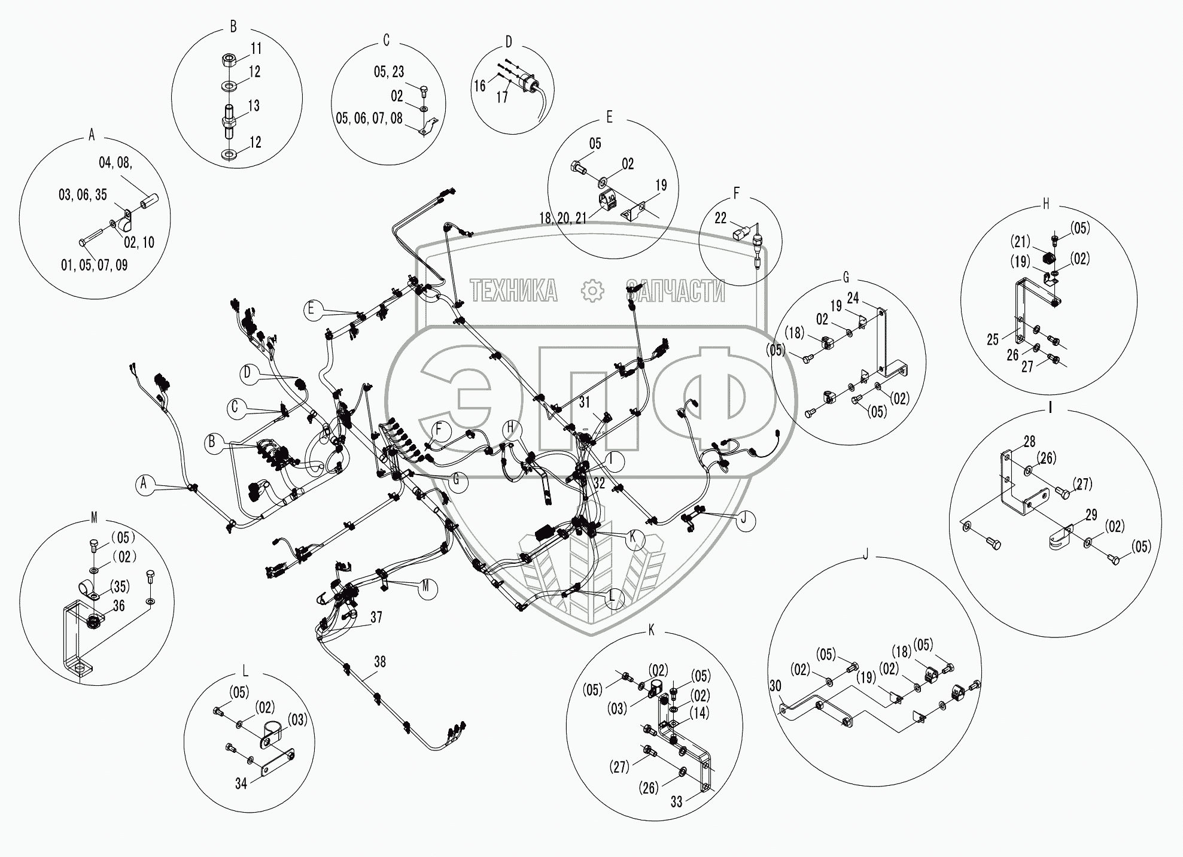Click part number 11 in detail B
pyautogui.click(x=256, y=48)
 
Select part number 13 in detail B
pyautogui.click(x=254, y=106)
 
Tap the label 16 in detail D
pyautogui.click(x=480, y=86)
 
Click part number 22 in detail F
pyautogui.click(x=720, y=220)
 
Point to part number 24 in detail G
pyautogui.click(x=853, y=297)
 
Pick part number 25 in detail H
pyautogui.click(x=993, y=339)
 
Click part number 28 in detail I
pyautogui.click(x=1029, y=442)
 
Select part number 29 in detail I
pyautogui.click(x=1091, y=515)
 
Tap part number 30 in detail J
pyautogui.click(x=775, y=686)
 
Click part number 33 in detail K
pyautogui.click(x=676, y=802)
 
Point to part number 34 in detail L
pyautogui.click(x=241, y=783)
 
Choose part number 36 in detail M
pyautogui.click(x=118, y=606)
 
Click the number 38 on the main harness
pyautogui.click(x=379, y=662)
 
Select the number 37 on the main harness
pyautogui.click(x=376, y=617)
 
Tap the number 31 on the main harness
pyautogui.click(x=585, y=403)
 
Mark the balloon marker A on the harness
pyautogui.click(x=144, y=484)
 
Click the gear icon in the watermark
pyautogui.click(x=592, y=291)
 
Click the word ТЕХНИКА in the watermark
pyautogui.click(x=514, y=291)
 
